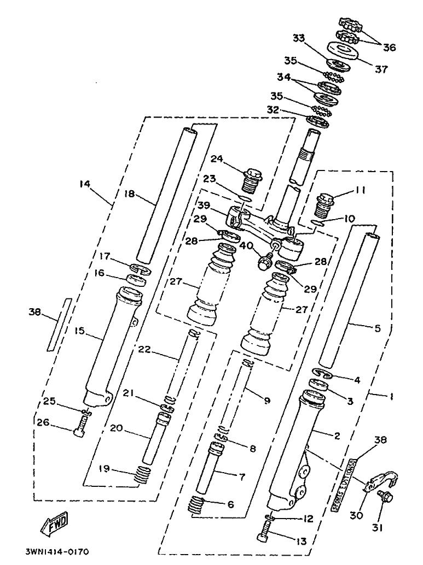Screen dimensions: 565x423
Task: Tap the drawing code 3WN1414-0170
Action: (56, 552)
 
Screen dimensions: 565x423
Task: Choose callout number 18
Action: (129, 194)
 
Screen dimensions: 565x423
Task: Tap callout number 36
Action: (389, 48)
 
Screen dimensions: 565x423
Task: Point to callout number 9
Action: (266, 401)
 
